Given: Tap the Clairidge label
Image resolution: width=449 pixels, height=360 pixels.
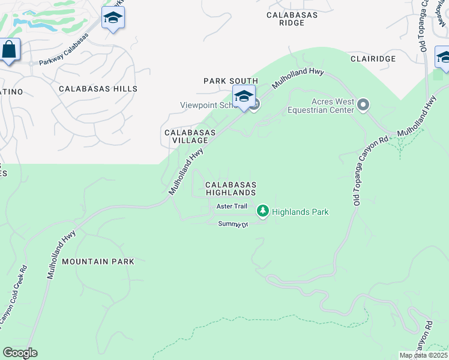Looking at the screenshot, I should click(373, 59).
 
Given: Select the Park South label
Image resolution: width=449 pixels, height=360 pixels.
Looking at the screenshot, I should click(231, 81).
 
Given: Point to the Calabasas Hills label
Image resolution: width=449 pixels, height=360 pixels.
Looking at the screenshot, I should click(98, 89).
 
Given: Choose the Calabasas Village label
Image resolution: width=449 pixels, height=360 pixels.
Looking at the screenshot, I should click(186, 136).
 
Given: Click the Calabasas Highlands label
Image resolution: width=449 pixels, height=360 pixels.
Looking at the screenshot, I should click(231, 189).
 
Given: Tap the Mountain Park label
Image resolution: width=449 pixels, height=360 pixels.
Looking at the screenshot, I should click(98, 262).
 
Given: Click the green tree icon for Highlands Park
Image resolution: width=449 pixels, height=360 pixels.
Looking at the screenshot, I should click(262, 211).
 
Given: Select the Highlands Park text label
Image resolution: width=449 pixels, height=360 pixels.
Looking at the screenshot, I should click(300, 212).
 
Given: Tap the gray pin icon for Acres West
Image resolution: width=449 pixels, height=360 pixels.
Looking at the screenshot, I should click(363, 106).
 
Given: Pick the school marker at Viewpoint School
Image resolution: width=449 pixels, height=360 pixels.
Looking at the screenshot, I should click(244, 97).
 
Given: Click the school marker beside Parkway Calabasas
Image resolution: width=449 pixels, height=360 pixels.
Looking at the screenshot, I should click(112, 17).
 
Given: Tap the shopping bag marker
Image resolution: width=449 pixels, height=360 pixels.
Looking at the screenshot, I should click(9, 50).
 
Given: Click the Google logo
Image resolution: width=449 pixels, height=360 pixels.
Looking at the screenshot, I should click(20, 353).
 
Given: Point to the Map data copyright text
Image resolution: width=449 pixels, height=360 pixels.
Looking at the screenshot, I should click(423, 355).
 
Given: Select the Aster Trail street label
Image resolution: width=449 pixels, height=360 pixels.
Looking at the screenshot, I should click(232, 206).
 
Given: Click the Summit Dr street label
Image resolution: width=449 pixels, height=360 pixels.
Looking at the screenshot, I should click(233, 224).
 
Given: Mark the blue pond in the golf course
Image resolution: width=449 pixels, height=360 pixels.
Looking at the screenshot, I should click(24, 23).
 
